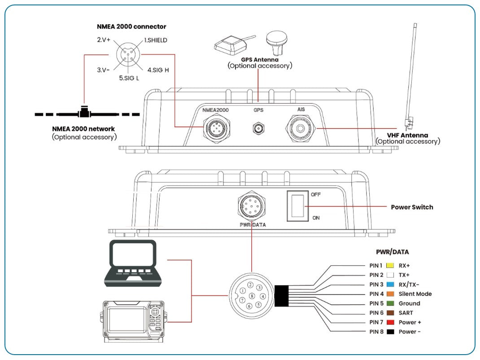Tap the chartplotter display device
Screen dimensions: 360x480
132,321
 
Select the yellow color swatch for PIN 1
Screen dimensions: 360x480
389,265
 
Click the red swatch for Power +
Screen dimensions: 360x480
389,322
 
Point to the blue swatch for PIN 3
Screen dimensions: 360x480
389,284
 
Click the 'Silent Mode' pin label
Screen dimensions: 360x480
415,294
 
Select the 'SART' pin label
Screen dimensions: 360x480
406,312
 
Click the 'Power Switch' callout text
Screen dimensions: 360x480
412,207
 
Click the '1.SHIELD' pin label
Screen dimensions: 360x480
155,40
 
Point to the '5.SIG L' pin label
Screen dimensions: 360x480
129,78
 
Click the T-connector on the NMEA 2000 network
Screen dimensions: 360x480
83,113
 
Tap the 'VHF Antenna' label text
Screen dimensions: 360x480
407,135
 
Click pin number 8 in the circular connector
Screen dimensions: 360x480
253,296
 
